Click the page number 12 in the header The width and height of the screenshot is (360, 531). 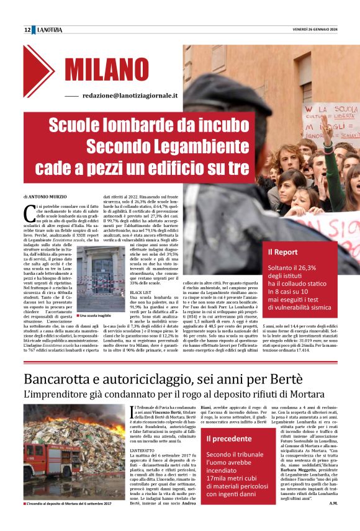pos(27,30)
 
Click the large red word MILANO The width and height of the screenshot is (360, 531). pos(110,69)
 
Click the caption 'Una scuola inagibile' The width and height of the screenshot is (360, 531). pos(94,316)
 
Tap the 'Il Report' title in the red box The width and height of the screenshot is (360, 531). pos(282,252)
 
